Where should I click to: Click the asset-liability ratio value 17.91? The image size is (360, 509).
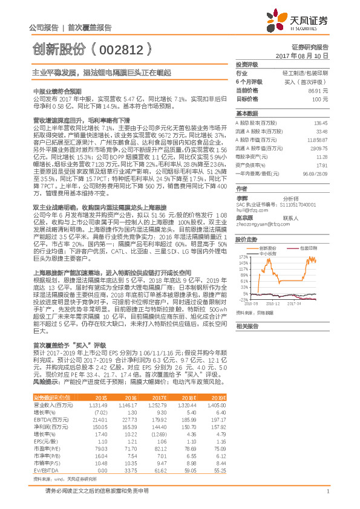point(321,164)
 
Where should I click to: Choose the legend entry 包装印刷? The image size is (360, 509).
point(307,248)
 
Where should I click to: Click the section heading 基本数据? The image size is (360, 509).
point(246,113)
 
